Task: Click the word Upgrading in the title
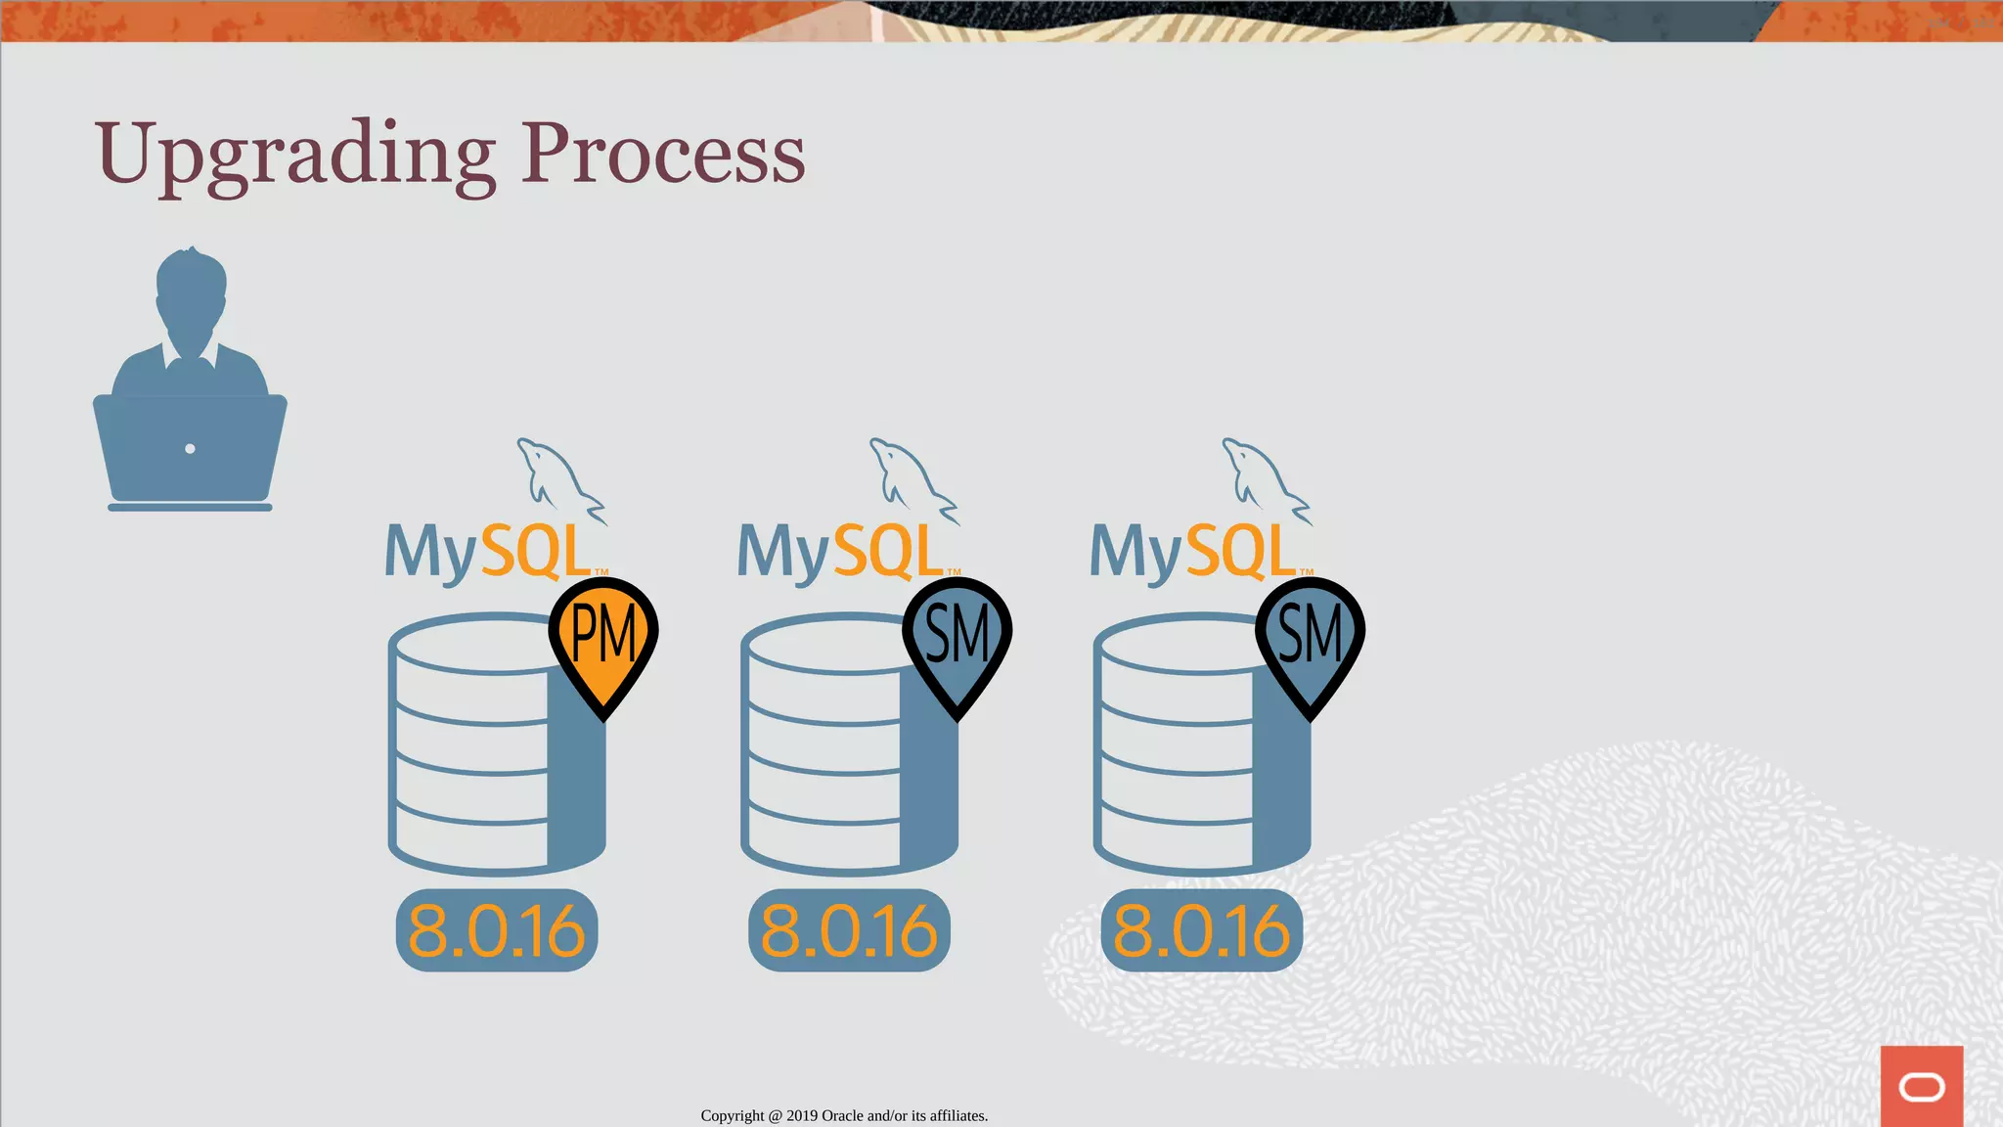coord(294,156)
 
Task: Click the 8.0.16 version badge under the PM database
coord(497,930)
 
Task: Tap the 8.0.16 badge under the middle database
coord(849,930)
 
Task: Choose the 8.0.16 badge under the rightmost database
coord(1202,930)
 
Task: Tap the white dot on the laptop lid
coord(190,449)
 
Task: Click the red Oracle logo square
coord(1921,1086)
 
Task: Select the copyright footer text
coord(844,1115)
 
